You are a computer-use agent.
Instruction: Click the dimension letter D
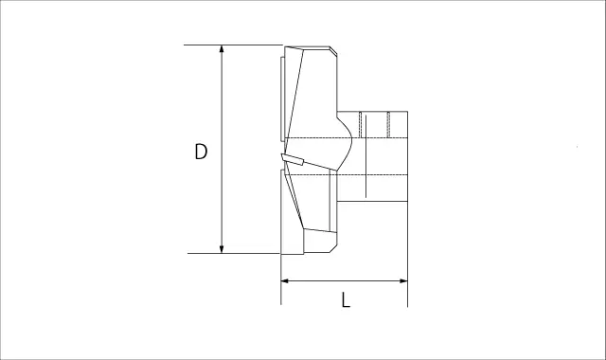tap(201, 152)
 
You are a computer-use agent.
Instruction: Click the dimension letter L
tap(346, 299)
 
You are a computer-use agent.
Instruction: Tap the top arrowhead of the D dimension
tap(222, 48)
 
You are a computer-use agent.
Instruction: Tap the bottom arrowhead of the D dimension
tap(222, 249)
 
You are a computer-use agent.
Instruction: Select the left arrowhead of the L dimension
tap(285, 280)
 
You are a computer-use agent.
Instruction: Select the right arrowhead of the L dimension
tap(403, 280)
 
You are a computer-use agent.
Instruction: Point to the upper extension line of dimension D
tap(233, 45)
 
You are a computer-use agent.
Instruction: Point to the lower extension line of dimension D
tap(234, 254)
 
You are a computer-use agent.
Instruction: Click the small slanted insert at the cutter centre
tap(293, 159)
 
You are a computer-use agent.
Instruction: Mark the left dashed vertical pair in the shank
tap(360, 124)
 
